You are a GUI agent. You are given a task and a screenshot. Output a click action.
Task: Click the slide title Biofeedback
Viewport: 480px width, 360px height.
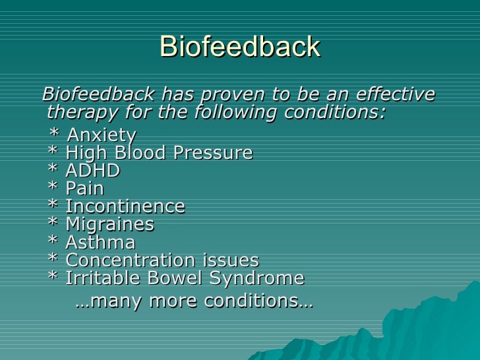239,47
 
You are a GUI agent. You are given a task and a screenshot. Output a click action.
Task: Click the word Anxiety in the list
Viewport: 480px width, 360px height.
102,136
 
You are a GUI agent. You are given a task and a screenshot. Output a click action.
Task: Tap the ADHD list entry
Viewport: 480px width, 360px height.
92,171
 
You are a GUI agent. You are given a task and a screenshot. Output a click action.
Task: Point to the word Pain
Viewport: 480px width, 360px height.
84,189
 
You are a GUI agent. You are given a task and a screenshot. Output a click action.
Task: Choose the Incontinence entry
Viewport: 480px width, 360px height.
125,207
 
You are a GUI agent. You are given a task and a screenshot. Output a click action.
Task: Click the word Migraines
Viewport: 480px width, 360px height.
109,225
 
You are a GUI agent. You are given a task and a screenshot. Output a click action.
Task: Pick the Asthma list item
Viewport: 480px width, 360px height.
100,243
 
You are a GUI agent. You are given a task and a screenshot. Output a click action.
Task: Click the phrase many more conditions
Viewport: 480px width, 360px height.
194,301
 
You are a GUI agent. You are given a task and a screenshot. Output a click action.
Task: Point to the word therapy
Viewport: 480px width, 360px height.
78,112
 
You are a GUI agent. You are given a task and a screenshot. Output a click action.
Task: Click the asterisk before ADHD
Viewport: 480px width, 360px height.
53,170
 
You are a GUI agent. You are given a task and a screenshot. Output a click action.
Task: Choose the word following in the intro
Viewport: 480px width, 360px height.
237,112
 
